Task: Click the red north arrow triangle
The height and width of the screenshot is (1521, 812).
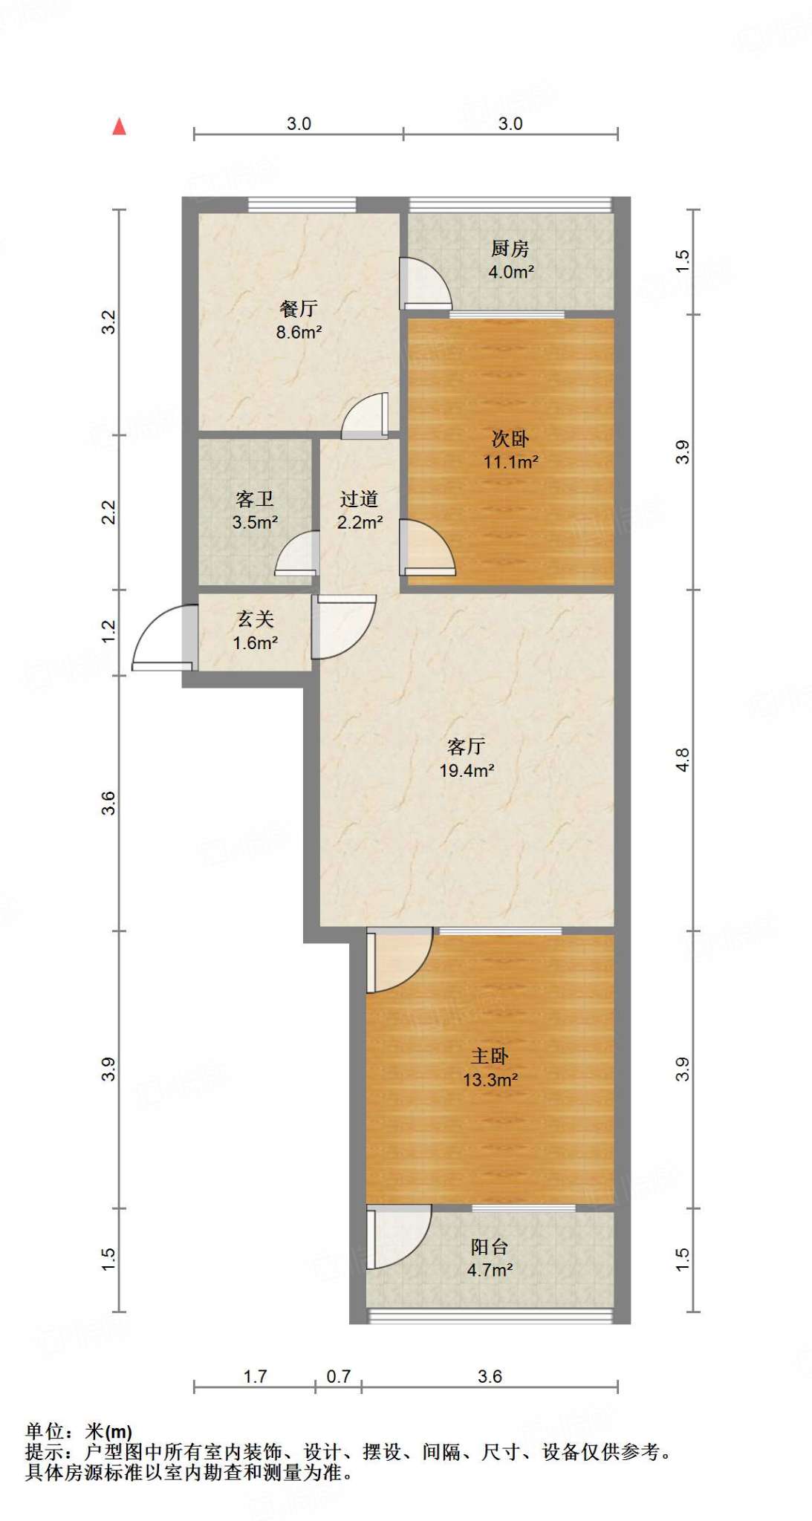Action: click(x=119, y=127)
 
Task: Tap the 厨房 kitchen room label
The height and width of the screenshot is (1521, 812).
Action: click(x=510, y=248)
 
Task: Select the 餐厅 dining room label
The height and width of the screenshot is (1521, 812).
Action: click(x=299, y=308)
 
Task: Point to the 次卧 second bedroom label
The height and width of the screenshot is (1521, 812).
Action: click(x=510, y=438)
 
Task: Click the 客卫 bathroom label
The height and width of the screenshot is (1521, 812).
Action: click(x=255, y=499)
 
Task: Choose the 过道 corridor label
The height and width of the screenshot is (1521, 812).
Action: click(x=360, y=499)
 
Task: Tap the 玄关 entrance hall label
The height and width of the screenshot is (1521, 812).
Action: click(x=255, y=619)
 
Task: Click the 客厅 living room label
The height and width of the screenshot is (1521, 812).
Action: click(x=467, y=746)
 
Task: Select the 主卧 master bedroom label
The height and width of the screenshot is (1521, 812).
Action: click(x=490, y=1056)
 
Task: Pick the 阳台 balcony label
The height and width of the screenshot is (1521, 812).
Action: click(x=490, y=1246)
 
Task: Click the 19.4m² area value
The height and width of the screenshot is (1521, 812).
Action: click(x=467, y=771)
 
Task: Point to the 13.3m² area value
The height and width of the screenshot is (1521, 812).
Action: click(x=490, y=1080)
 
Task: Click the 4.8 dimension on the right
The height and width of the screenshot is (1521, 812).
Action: click(x=683, y=760)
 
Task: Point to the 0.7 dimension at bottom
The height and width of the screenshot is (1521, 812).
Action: click(x=338, y=1376)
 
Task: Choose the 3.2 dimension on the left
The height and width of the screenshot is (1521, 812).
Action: click(x=109, y=322)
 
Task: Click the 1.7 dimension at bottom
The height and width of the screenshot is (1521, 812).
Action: click(x=255, y=1376)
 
